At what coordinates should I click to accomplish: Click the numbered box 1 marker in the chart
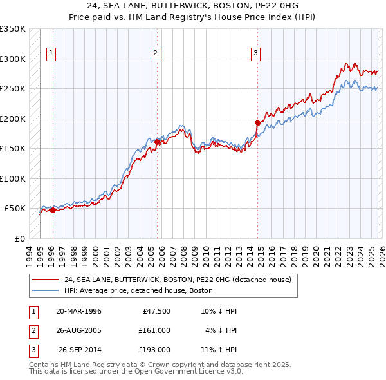(51, 53)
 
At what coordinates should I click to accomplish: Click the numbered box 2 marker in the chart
(155, 53)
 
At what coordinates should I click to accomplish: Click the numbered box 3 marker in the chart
(255, 53)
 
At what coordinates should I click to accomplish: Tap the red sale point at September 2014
(258, 122)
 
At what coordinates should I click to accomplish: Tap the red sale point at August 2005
(158, 142)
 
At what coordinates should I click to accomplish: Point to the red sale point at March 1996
(53, 210)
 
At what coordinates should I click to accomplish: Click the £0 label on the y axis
(18, 238)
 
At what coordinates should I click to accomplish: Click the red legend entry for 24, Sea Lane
(178, 280)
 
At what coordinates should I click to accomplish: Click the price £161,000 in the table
(154, 330)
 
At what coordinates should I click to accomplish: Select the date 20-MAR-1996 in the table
(78, 311)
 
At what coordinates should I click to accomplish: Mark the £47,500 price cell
(154, 311)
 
